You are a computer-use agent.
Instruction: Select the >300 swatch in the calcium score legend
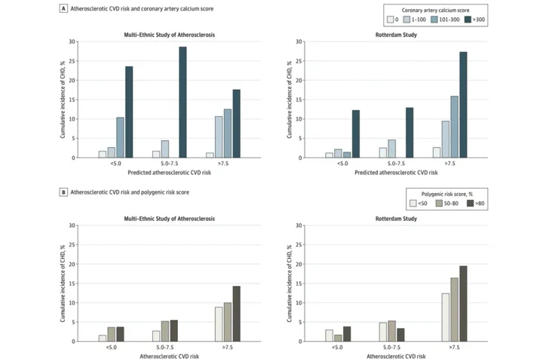pyautogui.click(x=468, y=20)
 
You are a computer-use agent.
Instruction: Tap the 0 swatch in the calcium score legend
pyautogui.click(x=390, y=20)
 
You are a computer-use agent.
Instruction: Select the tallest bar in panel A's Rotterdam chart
pyautogui.click(x=463, y=104)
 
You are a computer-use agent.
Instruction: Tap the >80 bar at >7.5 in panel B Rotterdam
pyautogui.click(x=463, y=303)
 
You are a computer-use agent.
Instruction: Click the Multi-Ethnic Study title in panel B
pyautogui.click(x=169, y=218)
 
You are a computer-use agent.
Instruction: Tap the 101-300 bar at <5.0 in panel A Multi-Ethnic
pyautogui.click(x=120, y=137)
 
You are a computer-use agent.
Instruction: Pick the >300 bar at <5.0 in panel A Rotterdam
pyautogui.click(x=355, y=133)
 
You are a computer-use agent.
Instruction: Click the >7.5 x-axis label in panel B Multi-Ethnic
pyautogui.click(x=228, y=348)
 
